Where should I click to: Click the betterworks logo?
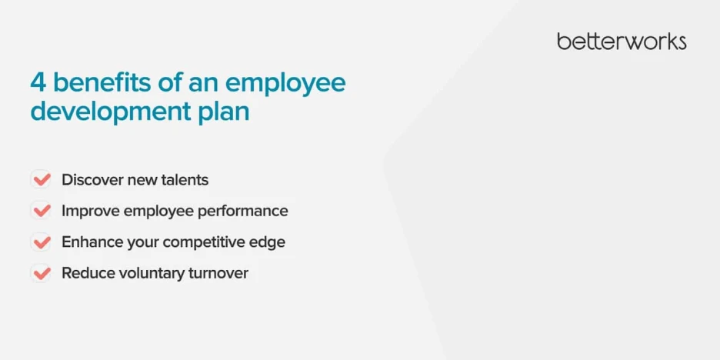coord(622,42)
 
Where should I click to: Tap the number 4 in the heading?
coord(38,82)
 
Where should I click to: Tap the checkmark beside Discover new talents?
coord(42,179)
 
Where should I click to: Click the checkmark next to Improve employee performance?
coord(42,210)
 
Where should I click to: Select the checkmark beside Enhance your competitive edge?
coord(42,242)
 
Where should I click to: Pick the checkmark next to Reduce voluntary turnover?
coord(42,273)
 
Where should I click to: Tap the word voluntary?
coord(152,275)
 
